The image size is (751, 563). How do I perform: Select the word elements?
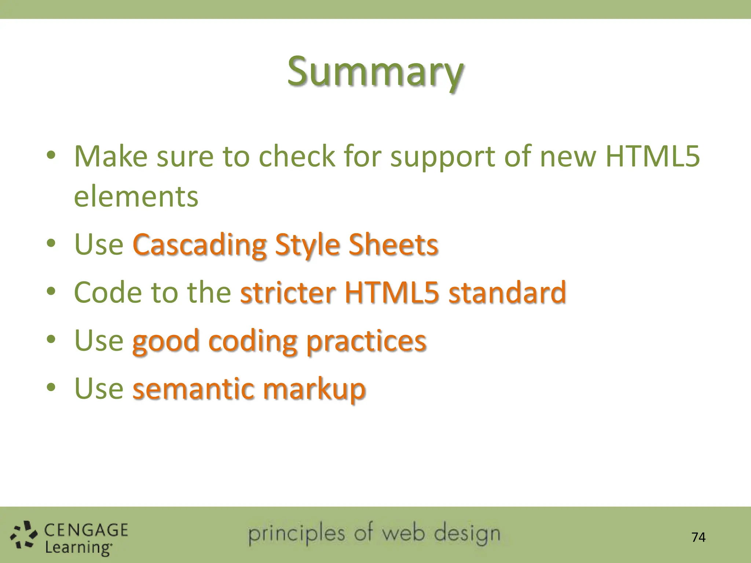tap(136, 197)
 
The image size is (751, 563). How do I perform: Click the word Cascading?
tap(199, 245)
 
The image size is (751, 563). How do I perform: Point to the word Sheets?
tap(393, 245)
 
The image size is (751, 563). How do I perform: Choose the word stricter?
tap(288, 292)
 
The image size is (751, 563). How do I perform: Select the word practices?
tap(366, 341)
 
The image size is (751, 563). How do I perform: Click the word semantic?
tap(193, 389)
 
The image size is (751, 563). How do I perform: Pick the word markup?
tap(314, 389)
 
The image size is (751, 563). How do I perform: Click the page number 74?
tap(698, 537)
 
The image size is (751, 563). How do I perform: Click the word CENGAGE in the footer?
tap(86, 530)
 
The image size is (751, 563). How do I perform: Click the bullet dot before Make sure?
tap(51, 155)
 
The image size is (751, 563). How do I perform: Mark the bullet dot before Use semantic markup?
tap(51, 387)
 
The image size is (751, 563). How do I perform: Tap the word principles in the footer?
tap(296, 534)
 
